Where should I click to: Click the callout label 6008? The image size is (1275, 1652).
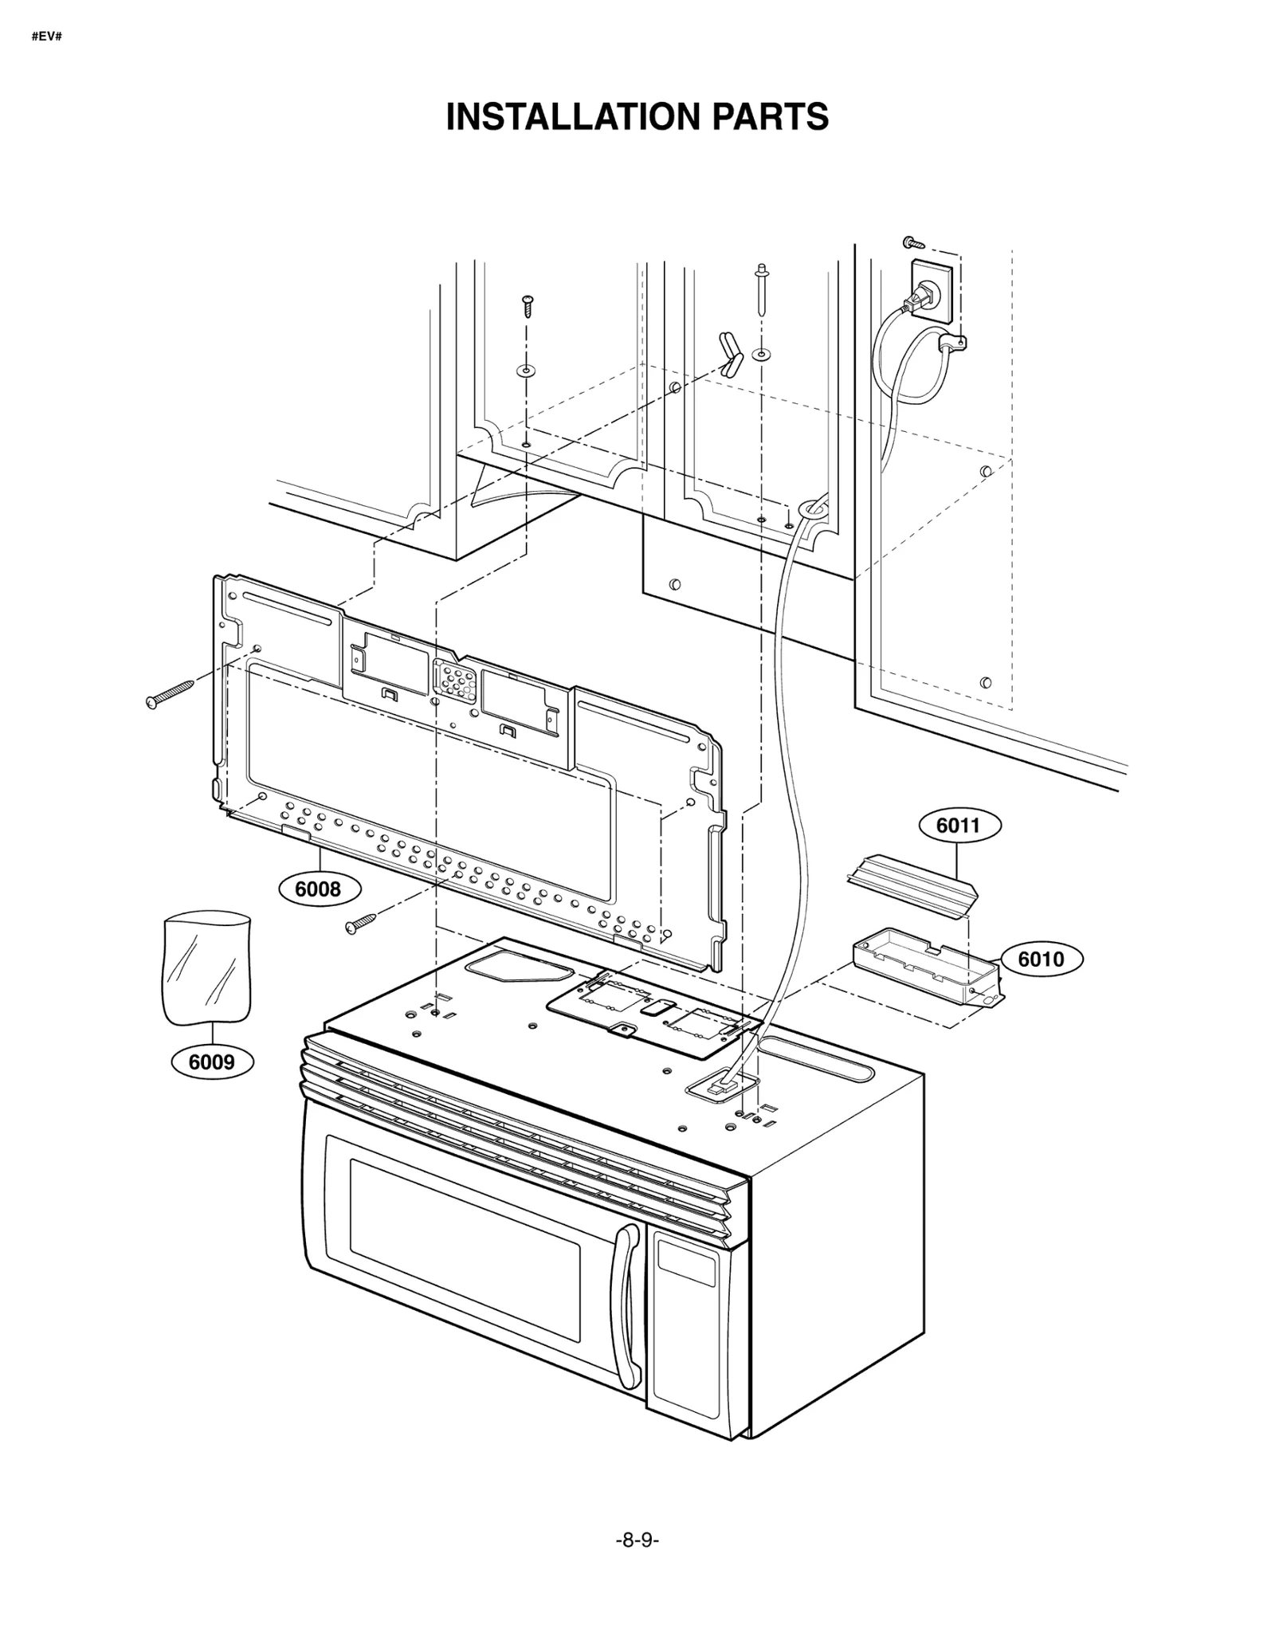(x=318, y=889)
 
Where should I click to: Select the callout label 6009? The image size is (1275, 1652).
(x=212, y=1061)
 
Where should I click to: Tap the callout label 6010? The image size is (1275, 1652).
(x=1041, y=959)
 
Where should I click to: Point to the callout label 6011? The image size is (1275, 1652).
(x=958, y=825)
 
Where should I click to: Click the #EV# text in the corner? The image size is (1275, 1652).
(x=46, y=37)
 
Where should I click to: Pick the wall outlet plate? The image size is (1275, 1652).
(x=931, y=291)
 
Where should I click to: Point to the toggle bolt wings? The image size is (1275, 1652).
(x=730, y=353)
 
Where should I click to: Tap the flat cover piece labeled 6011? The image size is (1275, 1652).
(x=912, y=886)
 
